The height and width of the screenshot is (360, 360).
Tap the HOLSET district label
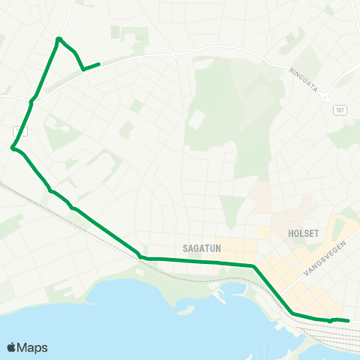304,233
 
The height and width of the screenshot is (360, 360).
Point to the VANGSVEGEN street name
320,264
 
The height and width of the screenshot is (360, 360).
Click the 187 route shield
340,109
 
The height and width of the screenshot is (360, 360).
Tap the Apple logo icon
11,347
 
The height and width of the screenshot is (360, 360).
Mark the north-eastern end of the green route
99,64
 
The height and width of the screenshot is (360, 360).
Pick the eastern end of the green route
349,321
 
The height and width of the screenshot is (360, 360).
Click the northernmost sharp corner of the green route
58,39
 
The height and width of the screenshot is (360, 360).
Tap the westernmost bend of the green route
13,148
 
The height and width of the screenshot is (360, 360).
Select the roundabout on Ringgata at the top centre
175,55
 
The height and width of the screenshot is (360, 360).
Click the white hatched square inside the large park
198,118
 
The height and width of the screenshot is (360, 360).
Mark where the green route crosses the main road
32,100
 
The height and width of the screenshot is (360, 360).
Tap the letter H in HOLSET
290,233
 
